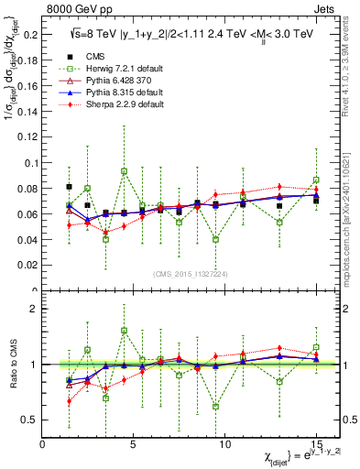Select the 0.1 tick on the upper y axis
click(x=29, y=163)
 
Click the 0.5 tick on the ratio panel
click(x=29, y=420)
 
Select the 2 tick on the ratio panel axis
click(x=34, y=309)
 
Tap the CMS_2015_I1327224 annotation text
click(x=191, y=273)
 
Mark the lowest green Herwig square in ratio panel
click(x=215, y=406)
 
